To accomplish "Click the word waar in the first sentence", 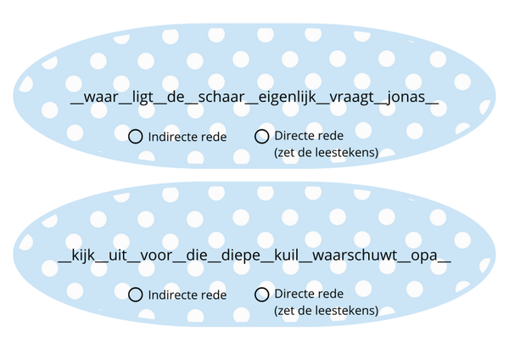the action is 101,97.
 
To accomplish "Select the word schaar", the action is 221,97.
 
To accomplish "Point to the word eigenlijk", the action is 287,98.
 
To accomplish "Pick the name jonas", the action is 406,97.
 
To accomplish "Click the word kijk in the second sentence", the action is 83,256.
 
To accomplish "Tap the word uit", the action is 118,255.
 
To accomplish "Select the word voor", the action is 156,256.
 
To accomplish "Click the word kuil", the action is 287,255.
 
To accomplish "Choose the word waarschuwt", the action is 355,255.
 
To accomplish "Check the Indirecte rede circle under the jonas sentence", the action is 136,137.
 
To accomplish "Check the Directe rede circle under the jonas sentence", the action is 261,137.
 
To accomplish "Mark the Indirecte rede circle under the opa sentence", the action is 136,295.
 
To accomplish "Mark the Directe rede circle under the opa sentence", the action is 261,295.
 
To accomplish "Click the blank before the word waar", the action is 77,103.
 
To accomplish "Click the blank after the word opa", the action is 444,261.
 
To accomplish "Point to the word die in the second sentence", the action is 197,255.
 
